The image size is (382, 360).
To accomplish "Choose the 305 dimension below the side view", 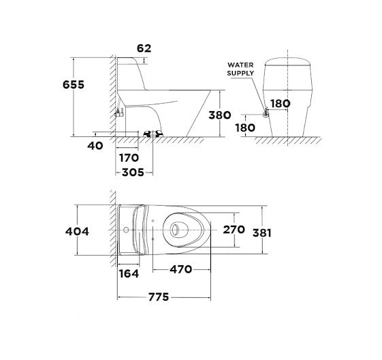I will (x=131, y=173).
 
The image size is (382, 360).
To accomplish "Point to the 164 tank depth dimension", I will (x=128, y=273).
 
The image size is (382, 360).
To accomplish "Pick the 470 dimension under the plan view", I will (x=181, y=271).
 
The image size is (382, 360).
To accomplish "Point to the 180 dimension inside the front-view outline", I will (x=281, y=104).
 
